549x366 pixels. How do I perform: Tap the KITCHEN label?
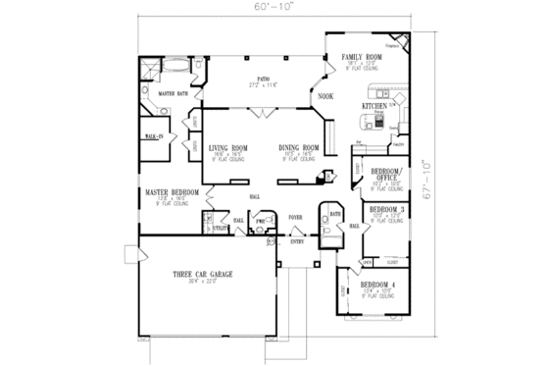click(x=375, y=104)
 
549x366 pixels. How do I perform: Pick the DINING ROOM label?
click(x=296, y=148)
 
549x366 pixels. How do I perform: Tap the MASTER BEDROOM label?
click(x=167, y=192)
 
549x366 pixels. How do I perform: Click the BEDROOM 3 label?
click(x=386, y=210)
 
